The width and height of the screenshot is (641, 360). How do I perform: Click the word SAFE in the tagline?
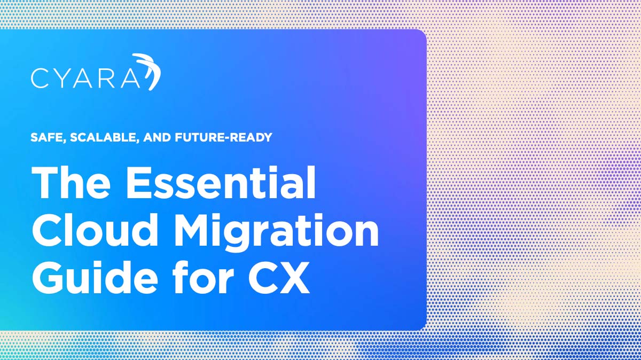click(x=46, y=137)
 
